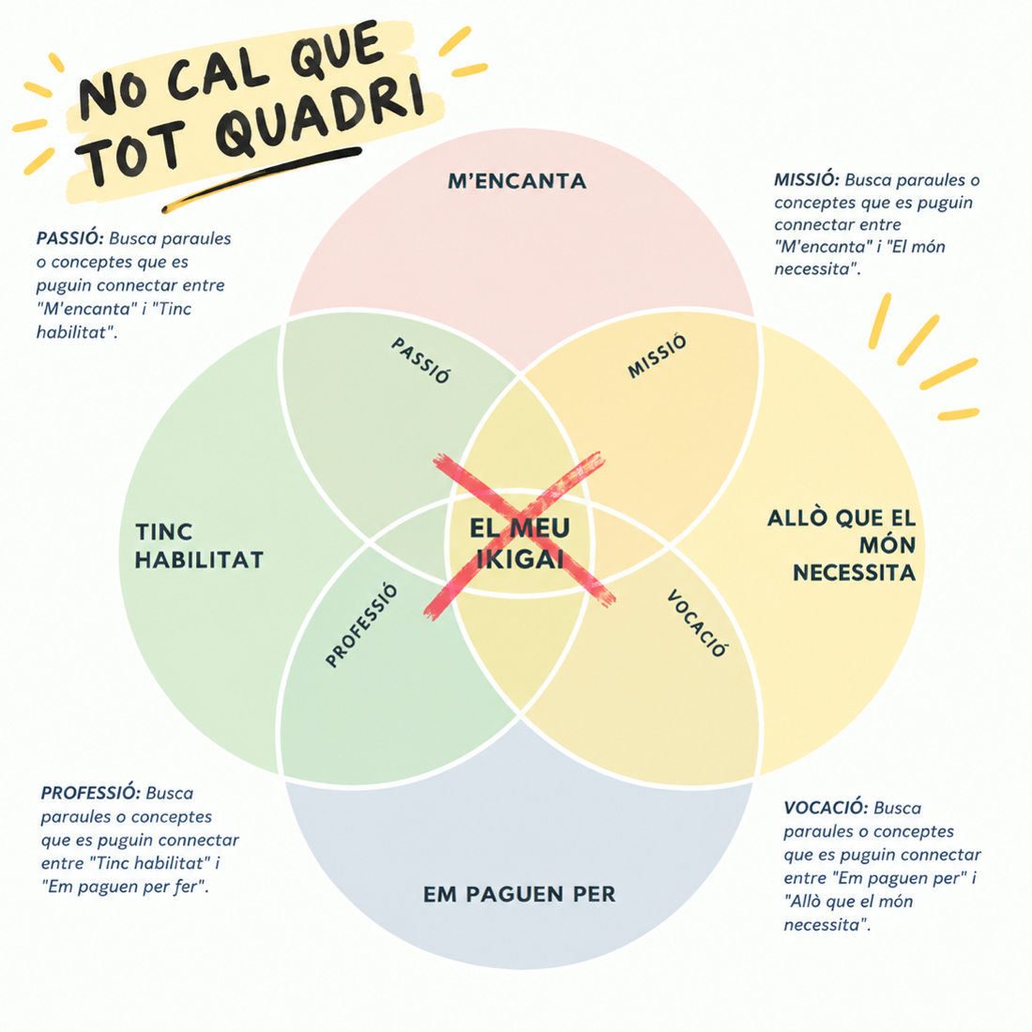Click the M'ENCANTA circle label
coord(517,181)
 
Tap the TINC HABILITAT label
coord(199,546)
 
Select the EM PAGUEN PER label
coord(520,894)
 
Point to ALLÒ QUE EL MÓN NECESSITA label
coord(842,545)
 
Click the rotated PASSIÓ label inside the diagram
coord(420,360)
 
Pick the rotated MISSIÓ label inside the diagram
coord(657,357)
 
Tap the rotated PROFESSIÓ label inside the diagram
coord(362,625)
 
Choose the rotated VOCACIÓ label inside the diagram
coord(697,623)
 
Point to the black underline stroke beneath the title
coord(262,178)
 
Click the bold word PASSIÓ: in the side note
coord(69,238)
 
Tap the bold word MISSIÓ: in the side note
coord(806,180)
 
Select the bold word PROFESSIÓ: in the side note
coord(90,793)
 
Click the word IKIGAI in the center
coord(520,559)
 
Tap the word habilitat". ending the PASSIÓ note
coord(76,332)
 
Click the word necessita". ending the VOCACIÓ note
coord(827,925)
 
